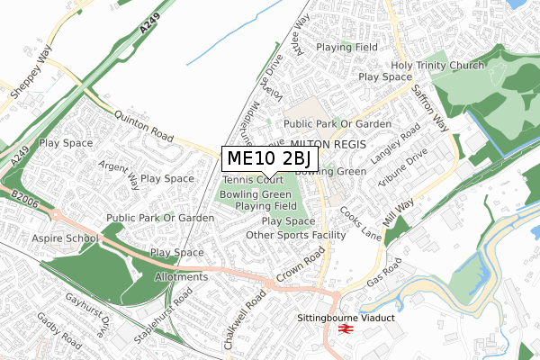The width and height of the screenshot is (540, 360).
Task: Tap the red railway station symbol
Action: [343, 330]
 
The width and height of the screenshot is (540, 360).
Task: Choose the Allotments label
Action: [181, 276]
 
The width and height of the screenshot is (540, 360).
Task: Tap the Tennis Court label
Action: [253, 180]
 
